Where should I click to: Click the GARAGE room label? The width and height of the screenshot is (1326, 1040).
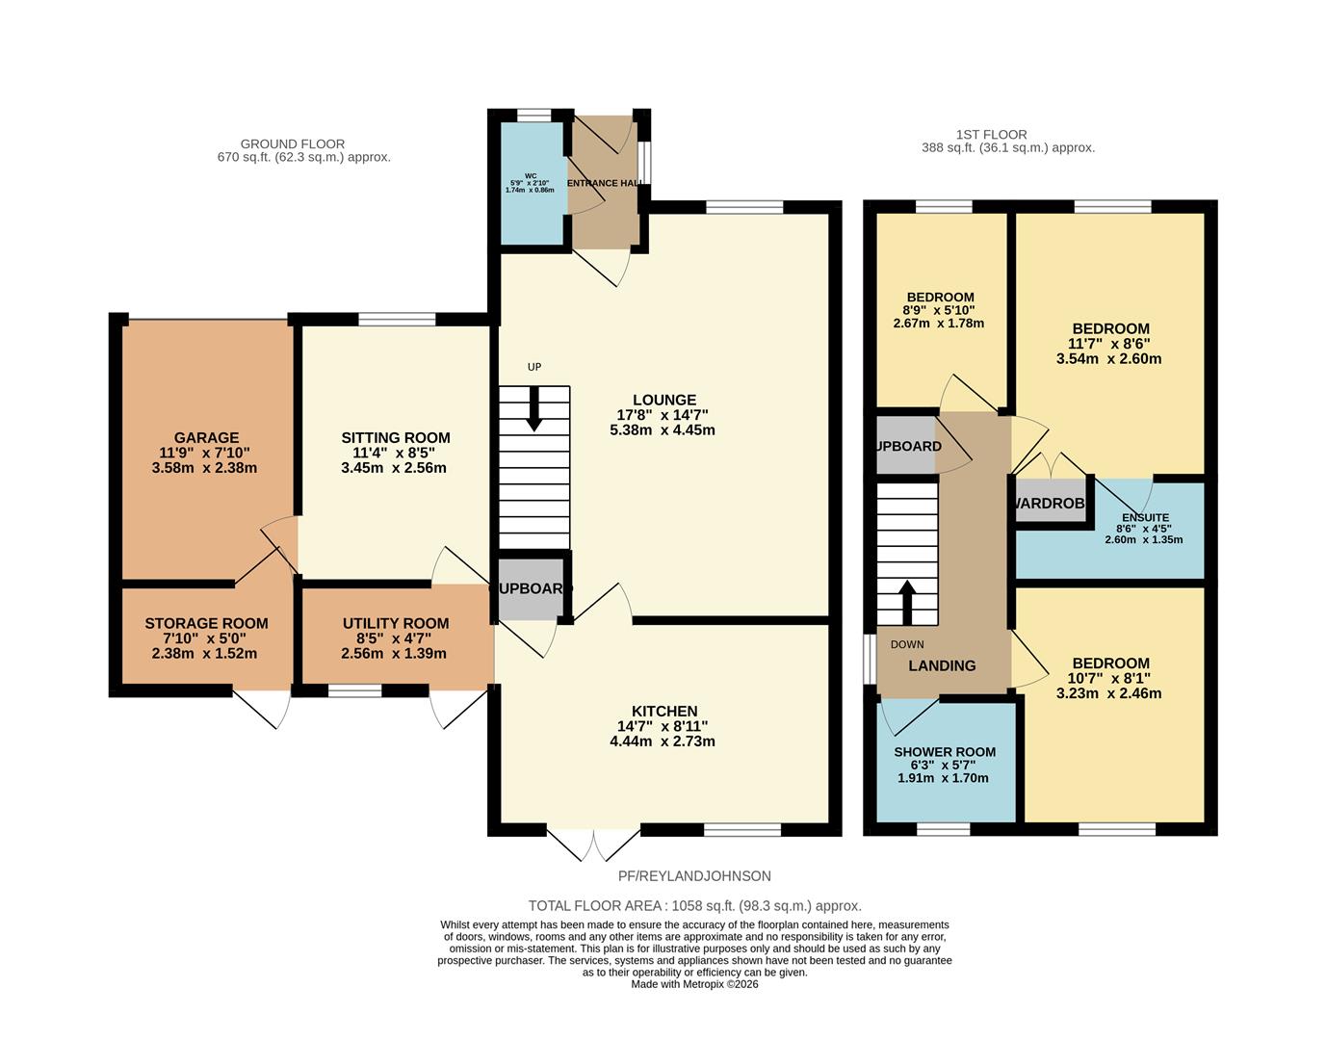coord(206,438)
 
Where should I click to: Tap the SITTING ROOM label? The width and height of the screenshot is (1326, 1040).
coord(395,438)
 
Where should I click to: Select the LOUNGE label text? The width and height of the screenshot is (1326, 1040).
coord(663,401)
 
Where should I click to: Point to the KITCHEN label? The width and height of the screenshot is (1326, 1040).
coord(663,712)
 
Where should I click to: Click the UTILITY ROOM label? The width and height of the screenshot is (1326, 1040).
coord(395,624)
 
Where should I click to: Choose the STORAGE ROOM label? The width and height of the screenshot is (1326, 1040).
coord(206,624)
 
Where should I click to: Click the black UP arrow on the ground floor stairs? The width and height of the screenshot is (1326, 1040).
coord(533,408)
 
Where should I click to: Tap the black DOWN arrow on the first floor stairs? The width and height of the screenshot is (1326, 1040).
coord(906,603)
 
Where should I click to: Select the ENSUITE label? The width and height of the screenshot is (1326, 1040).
coord(1144,517)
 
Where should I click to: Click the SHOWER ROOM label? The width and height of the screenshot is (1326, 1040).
coord(944,752)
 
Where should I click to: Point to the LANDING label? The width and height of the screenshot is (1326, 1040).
coord(942,665)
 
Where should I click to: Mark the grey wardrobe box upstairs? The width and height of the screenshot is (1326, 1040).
coord(1051,503)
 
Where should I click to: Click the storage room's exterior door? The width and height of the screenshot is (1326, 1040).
coord(263,708)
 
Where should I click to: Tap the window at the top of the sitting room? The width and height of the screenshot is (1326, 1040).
coord(397,319)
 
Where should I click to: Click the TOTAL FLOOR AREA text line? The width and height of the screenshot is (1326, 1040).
coord(694,905)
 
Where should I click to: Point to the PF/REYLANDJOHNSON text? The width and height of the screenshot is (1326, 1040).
coord(694,876)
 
